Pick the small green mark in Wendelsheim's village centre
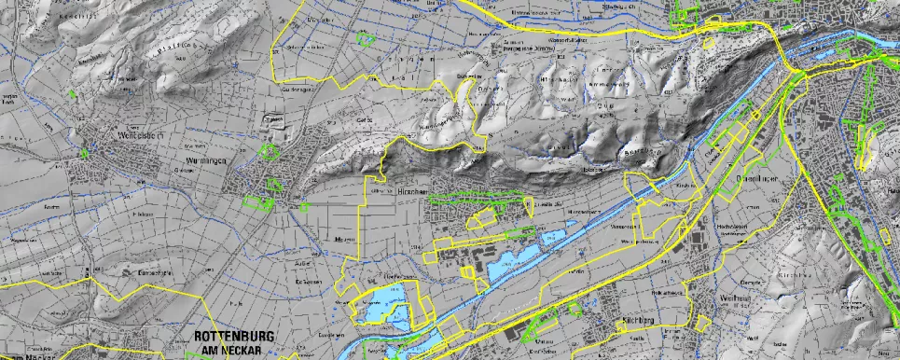pyautogui.click(x=84, y=154)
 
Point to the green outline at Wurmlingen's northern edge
pyautogui.click(x=270, y=152)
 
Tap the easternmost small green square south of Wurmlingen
pyautogui.click(x=304, y=206)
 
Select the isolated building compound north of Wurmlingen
pyautogui.click(x=275, y=120)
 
